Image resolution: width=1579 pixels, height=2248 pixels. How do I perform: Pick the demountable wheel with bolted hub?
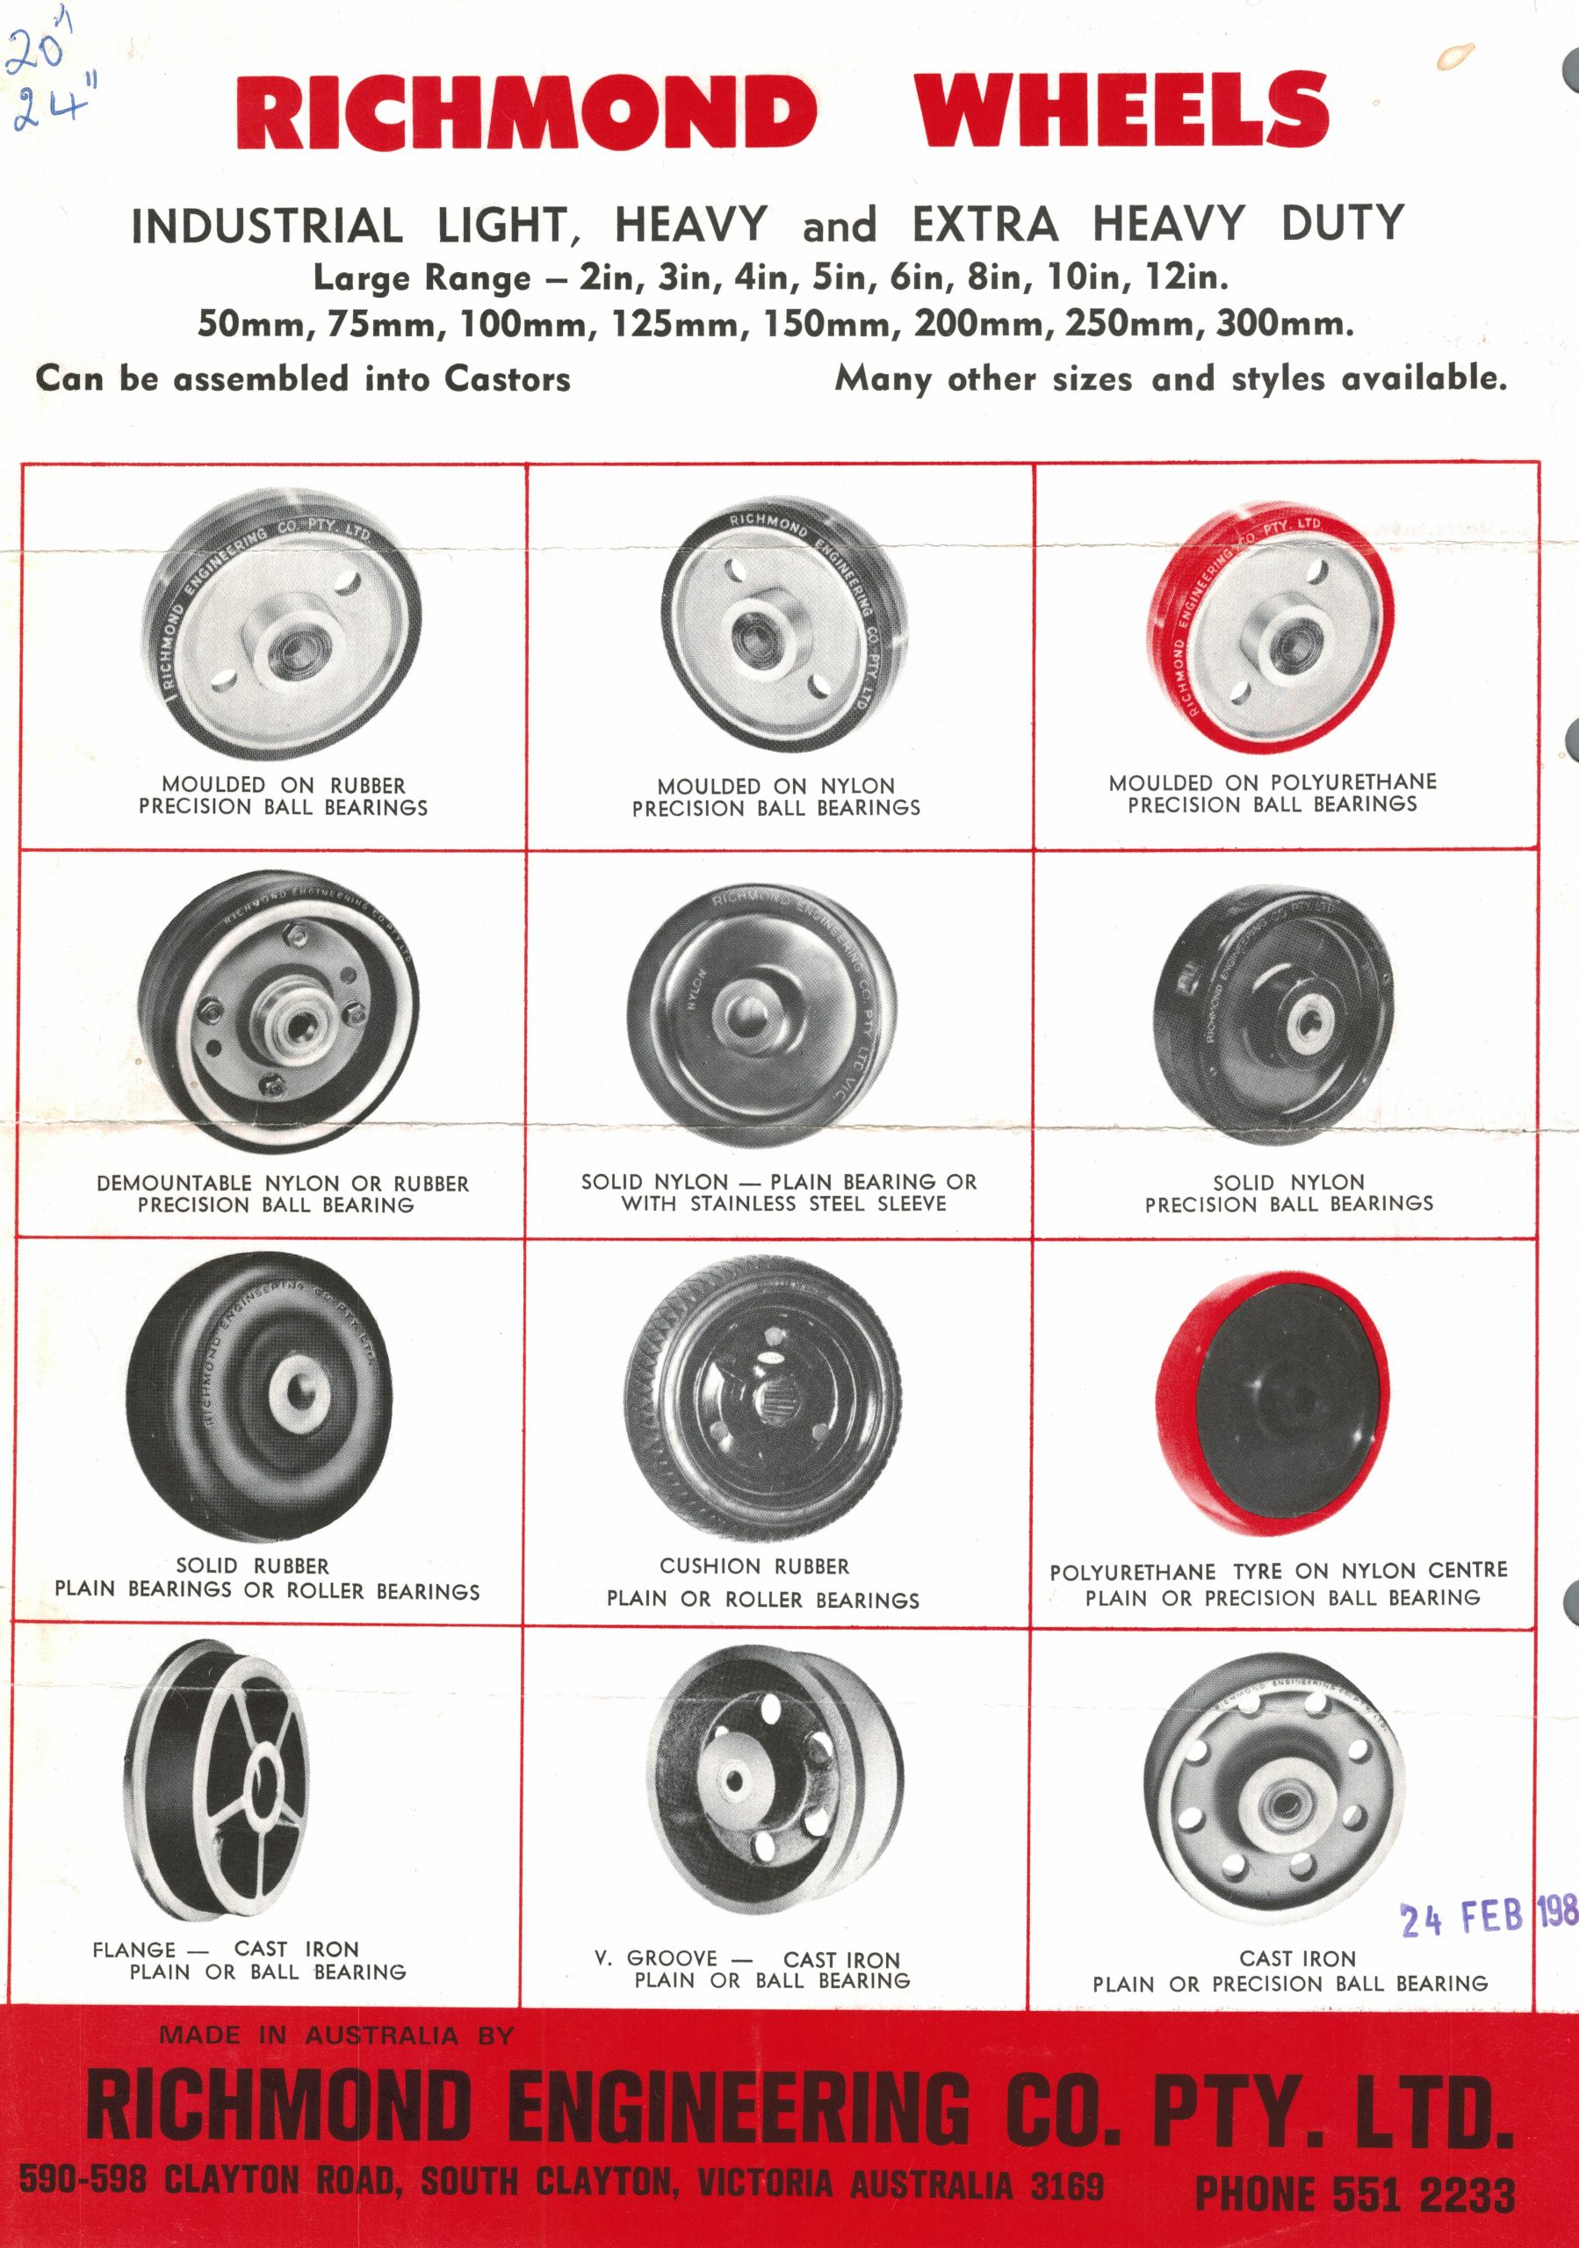278,1011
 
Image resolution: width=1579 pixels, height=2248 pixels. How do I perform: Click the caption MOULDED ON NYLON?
775,786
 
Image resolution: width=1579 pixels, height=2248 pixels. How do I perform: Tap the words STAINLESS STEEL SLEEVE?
818,1203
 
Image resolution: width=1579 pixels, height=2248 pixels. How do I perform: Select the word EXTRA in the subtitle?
984,224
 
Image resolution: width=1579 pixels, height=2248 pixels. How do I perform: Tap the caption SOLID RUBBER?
253,1567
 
